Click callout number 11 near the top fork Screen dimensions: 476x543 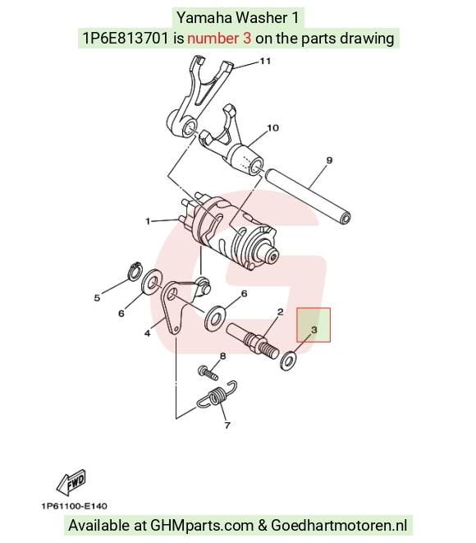point(265,61)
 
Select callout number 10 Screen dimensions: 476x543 point(273,128)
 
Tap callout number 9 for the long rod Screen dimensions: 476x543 point(329,160)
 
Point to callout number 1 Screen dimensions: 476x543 point(148,221)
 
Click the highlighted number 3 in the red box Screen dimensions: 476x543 point(314,329)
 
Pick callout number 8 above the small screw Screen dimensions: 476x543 point(222,356)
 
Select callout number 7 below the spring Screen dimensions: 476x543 point(227,425)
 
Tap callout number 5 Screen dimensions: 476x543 point(97,297)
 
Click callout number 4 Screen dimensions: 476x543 point(148,334)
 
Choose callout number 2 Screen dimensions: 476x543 point(280,311)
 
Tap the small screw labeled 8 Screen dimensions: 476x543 point(208,373)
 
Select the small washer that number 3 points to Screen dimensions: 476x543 point(288,361)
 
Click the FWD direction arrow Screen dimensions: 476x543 point(71,481)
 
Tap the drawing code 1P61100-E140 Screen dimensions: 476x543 point(75,506)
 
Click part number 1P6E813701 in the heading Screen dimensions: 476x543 point(126,38)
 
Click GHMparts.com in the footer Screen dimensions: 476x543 point(202,525)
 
